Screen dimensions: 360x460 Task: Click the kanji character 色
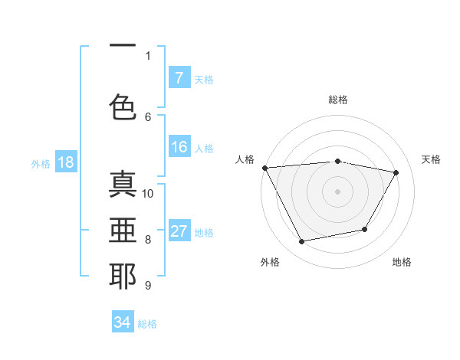123,106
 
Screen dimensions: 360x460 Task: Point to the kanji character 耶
123,276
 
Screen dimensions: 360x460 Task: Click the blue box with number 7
179,78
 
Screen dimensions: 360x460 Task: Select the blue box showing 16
179,148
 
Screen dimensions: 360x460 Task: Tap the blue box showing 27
179,232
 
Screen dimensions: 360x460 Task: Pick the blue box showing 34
123,322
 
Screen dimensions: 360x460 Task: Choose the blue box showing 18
65,162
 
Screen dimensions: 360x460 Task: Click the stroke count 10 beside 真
148,193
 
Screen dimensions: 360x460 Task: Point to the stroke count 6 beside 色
148,116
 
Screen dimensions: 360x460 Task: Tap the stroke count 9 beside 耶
148,286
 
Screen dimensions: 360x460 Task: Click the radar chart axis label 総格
337,100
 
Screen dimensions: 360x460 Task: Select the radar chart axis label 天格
431,159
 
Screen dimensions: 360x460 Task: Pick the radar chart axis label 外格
270,262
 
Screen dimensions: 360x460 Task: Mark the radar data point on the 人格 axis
264,168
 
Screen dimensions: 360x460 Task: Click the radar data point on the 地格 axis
365,229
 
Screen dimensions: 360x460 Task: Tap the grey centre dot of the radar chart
337,191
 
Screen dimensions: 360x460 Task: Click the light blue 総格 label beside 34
147,323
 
